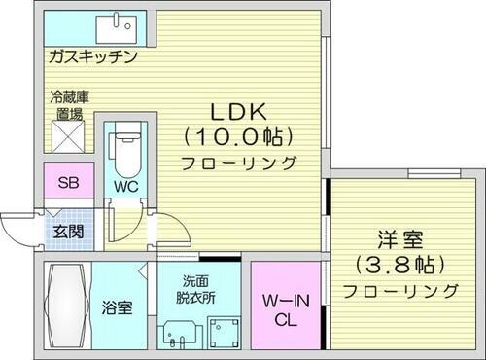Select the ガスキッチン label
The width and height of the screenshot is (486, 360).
[92, 57]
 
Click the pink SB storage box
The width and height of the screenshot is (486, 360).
[69, 183]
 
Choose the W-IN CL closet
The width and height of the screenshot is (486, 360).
[285, 309]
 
